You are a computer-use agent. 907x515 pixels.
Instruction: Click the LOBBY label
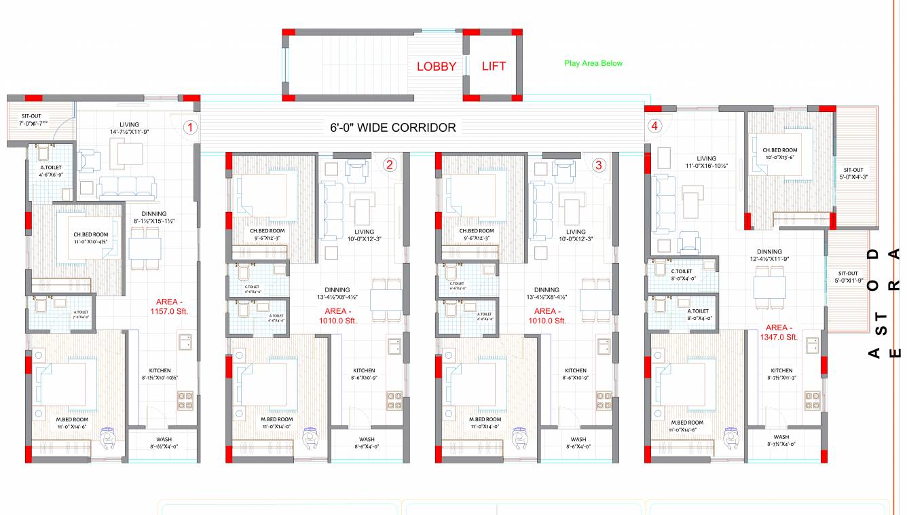[436, 66]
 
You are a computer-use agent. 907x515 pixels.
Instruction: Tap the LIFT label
[494, 66]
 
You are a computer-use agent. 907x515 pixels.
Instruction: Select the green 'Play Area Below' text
[593, 63]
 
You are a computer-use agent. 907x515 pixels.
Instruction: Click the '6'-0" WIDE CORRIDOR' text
[393, 127]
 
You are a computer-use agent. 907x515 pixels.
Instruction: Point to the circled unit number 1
[191, 127]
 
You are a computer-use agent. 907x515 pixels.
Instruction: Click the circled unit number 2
[389, 164]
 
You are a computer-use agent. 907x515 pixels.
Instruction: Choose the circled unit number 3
[598, 164]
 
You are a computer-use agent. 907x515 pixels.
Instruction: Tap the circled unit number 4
[654, 126]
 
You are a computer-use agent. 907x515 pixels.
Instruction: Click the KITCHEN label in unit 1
[160, 371]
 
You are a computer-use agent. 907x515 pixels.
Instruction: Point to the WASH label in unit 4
[781, 437]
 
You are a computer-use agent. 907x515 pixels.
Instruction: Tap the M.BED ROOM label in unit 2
[276, 420]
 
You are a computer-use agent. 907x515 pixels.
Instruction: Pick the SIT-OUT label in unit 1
[31, 116]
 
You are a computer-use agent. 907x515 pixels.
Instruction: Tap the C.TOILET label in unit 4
[683, 271]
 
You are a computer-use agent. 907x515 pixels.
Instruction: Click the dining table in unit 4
[770, 286]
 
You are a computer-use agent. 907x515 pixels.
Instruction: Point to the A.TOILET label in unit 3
[485, 315]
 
